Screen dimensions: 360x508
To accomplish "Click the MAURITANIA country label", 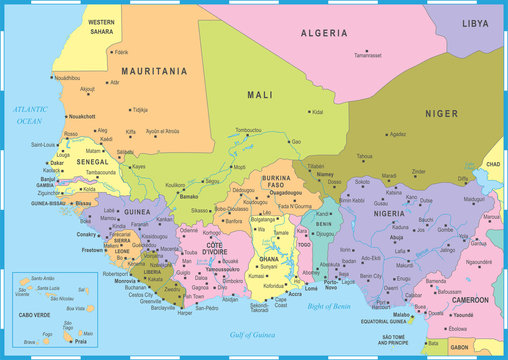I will click(155, 72).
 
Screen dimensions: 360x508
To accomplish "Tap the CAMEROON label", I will click(469, 300).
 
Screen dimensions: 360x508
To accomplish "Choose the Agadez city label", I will click(397, 134).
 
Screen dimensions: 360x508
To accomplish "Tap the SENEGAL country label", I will click(92, 161).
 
